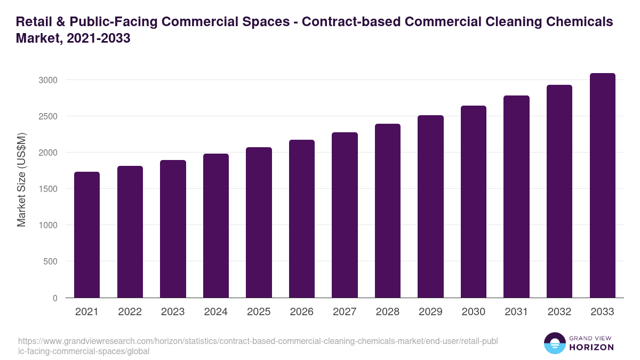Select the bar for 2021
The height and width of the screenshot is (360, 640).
87,235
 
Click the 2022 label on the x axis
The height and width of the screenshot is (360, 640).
130,312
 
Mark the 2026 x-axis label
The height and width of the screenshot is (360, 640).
301,312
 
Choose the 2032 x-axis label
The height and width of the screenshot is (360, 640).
559,312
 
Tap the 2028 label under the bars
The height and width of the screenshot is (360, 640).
387,312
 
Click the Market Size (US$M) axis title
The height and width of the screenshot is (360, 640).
21,179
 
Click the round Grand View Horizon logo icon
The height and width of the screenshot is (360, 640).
555,343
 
